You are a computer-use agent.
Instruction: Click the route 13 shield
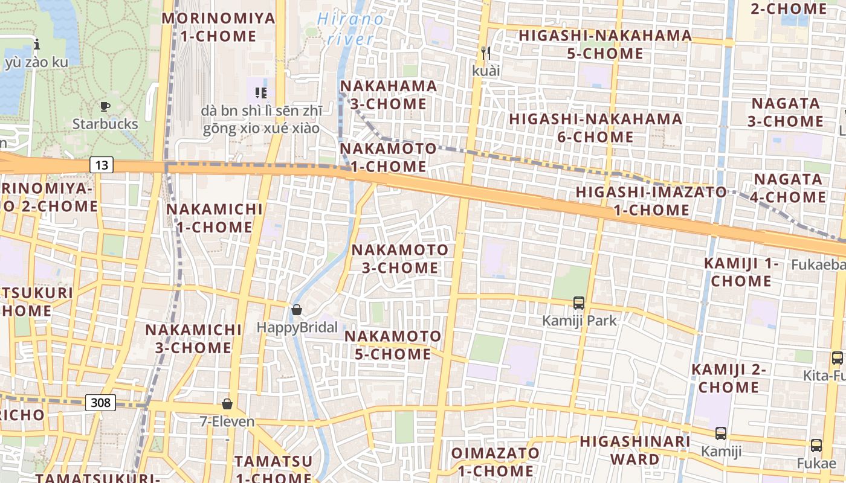click(103, 164)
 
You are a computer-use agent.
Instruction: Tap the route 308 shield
click(100, 403)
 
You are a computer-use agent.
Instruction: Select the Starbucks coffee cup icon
click(105, 107)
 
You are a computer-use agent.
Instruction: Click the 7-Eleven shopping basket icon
click(227, 403)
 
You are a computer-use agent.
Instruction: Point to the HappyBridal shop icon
click(297, 310)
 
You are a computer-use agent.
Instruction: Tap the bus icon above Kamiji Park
click(579, 302)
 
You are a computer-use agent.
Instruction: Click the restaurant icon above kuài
click(486, 53)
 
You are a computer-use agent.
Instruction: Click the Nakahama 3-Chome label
click(389, 95)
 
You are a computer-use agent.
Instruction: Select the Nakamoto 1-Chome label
click(388, 157)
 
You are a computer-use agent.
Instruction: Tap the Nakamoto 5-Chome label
click(393, 345)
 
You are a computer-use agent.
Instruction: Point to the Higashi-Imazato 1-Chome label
click(651, 201)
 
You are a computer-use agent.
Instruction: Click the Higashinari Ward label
click(634, 450)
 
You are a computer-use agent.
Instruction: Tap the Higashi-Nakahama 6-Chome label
click(595, 127)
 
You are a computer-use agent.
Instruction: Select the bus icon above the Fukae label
click(816, 446)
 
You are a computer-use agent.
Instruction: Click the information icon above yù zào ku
click(37, 44)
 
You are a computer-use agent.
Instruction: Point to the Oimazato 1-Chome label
click(496, 462)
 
